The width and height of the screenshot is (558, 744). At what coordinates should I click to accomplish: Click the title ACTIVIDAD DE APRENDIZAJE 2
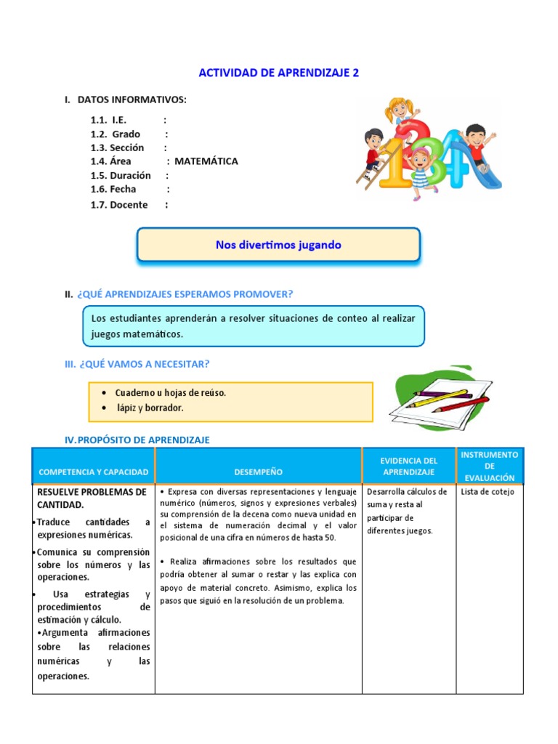(279, 73)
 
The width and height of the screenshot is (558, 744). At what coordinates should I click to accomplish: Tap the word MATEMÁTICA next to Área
(206, 161)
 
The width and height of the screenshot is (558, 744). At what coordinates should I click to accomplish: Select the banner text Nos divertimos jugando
(278, 245)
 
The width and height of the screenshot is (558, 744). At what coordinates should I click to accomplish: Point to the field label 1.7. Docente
(119, 205)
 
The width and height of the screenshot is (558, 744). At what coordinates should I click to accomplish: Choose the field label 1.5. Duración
(121, 175)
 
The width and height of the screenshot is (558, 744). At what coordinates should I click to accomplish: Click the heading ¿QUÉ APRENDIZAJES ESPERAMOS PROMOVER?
(185, 294)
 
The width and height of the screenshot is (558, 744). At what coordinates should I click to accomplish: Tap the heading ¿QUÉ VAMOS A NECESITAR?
(143, 363)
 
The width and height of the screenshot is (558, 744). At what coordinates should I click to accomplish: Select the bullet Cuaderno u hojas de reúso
(171, 393)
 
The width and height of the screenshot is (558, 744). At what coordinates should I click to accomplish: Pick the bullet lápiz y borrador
(150, 408)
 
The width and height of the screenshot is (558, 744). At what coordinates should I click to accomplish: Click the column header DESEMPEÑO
(258, 472)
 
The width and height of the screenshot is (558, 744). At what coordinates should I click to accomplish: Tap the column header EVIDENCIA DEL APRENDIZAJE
(409, 466)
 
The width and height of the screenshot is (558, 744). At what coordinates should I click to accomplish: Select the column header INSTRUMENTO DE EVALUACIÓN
(490, 466)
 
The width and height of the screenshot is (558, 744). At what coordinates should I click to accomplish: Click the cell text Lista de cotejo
(488, 492)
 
